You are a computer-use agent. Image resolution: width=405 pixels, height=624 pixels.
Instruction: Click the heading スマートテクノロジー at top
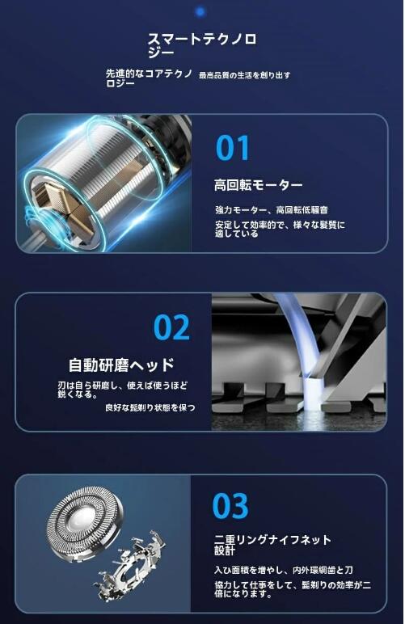201,45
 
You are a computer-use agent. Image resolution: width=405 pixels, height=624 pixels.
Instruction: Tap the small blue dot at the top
200,11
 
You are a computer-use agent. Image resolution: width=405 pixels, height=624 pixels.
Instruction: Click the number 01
233,149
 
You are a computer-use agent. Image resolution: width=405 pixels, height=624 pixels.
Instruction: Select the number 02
172,327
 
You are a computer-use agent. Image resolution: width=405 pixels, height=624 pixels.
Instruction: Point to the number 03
230,506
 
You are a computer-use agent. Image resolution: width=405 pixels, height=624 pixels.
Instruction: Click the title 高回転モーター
259,185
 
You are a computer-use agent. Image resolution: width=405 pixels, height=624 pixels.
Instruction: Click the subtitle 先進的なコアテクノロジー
149,78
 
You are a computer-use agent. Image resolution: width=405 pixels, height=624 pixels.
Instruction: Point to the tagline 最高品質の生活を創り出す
244,75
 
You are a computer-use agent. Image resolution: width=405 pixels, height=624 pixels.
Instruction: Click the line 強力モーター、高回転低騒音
271,209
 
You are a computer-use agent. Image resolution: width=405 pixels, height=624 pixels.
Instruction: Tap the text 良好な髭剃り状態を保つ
150,408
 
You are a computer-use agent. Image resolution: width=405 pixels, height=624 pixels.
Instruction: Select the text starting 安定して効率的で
279,229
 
